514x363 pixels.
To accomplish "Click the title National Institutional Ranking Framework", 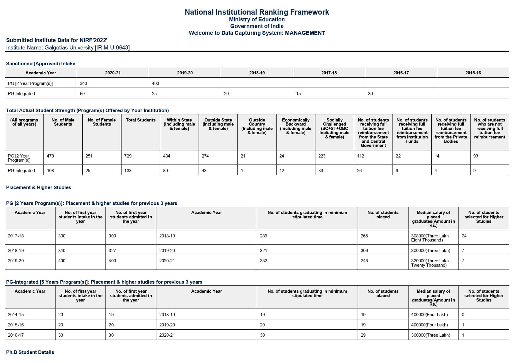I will pos(257,12).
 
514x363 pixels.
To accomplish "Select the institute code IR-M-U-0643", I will pos(112,47).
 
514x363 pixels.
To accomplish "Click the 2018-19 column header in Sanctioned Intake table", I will pos(257,73).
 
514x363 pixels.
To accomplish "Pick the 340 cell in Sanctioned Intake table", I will pos(83,83).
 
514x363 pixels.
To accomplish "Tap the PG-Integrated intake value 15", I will pos(298,94).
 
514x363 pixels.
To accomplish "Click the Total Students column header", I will pos(141,120).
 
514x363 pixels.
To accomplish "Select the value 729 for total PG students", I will pos(128,156).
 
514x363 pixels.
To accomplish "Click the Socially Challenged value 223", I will pos(322,156).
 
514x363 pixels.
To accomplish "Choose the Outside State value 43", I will pos(204,171).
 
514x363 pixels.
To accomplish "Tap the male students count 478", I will pos(50,156).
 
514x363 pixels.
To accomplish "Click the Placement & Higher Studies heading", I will pos(39,187).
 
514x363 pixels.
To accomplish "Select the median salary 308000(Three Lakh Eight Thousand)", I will pos(430,238).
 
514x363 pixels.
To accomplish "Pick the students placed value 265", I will pos(364,236).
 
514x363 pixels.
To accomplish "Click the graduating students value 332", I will pos(264,261).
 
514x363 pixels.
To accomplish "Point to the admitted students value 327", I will pos(112,251).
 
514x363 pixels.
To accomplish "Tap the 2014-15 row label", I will pos(16,315).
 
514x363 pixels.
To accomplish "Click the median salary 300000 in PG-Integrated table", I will pos(431,335).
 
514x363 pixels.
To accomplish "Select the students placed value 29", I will pos(363,335).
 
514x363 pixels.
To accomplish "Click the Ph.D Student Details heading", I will pos(30,352).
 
